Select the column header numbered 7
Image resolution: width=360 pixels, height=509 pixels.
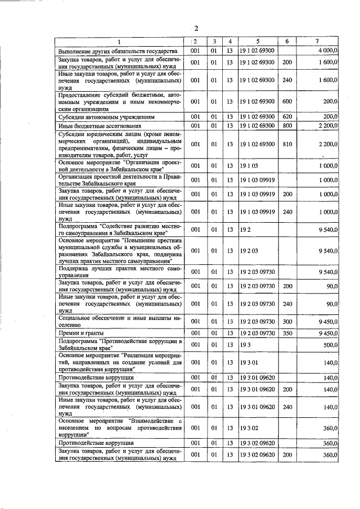pyautogui.click(x=318, y=42)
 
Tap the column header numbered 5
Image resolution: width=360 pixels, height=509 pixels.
pyautogui.click(x=258, y=42)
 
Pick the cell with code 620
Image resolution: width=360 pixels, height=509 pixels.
pyautogui.click(x=287, y=116)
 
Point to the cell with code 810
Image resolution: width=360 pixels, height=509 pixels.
pyautogui.click(x=287, y=144)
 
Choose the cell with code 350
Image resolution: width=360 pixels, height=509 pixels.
pyautogui.click(x=287, y=333)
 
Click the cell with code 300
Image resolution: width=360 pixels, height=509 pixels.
pyautogui.click(x=287, y=321)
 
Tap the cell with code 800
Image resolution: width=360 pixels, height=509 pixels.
pyautogui.click(x=287, y=125)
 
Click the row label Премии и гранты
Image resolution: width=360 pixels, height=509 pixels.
pyautogui.click(x=79, y=333)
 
